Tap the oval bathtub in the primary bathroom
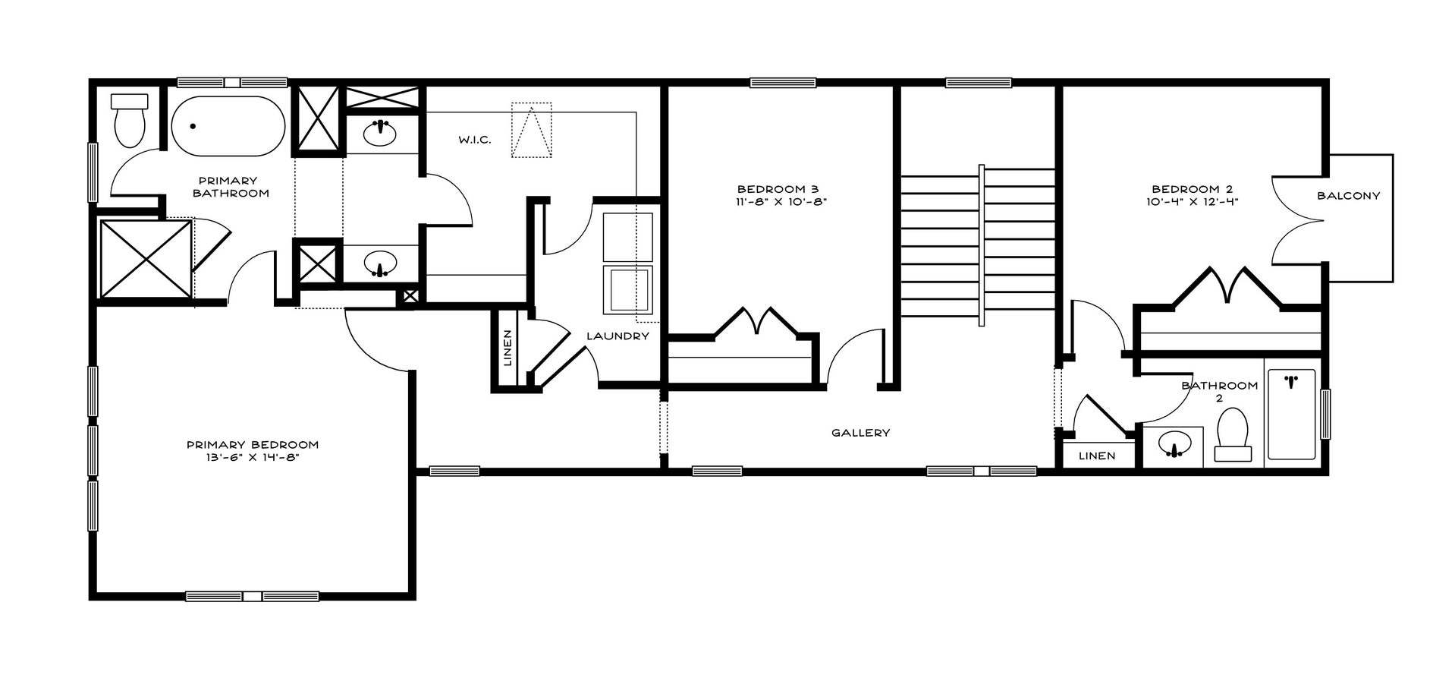[x=228, y=126]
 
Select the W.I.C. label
[x=474, y=140]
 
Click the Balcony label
[x=1348, y=196]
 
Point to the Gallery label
[x=860, y=433]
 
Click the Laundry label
[x=618, y=336]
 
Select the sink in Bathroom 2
[x=1175, y=444]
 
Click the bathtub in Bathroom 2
[x=1291, y=414]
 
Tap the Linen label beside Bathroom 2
[x=1097, y=456]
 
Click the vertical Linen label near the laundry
[x=508, y=348]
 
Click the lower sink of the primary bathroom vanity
[x=380, y=263]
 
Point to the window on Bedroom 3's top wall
[x=783, y=83]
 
